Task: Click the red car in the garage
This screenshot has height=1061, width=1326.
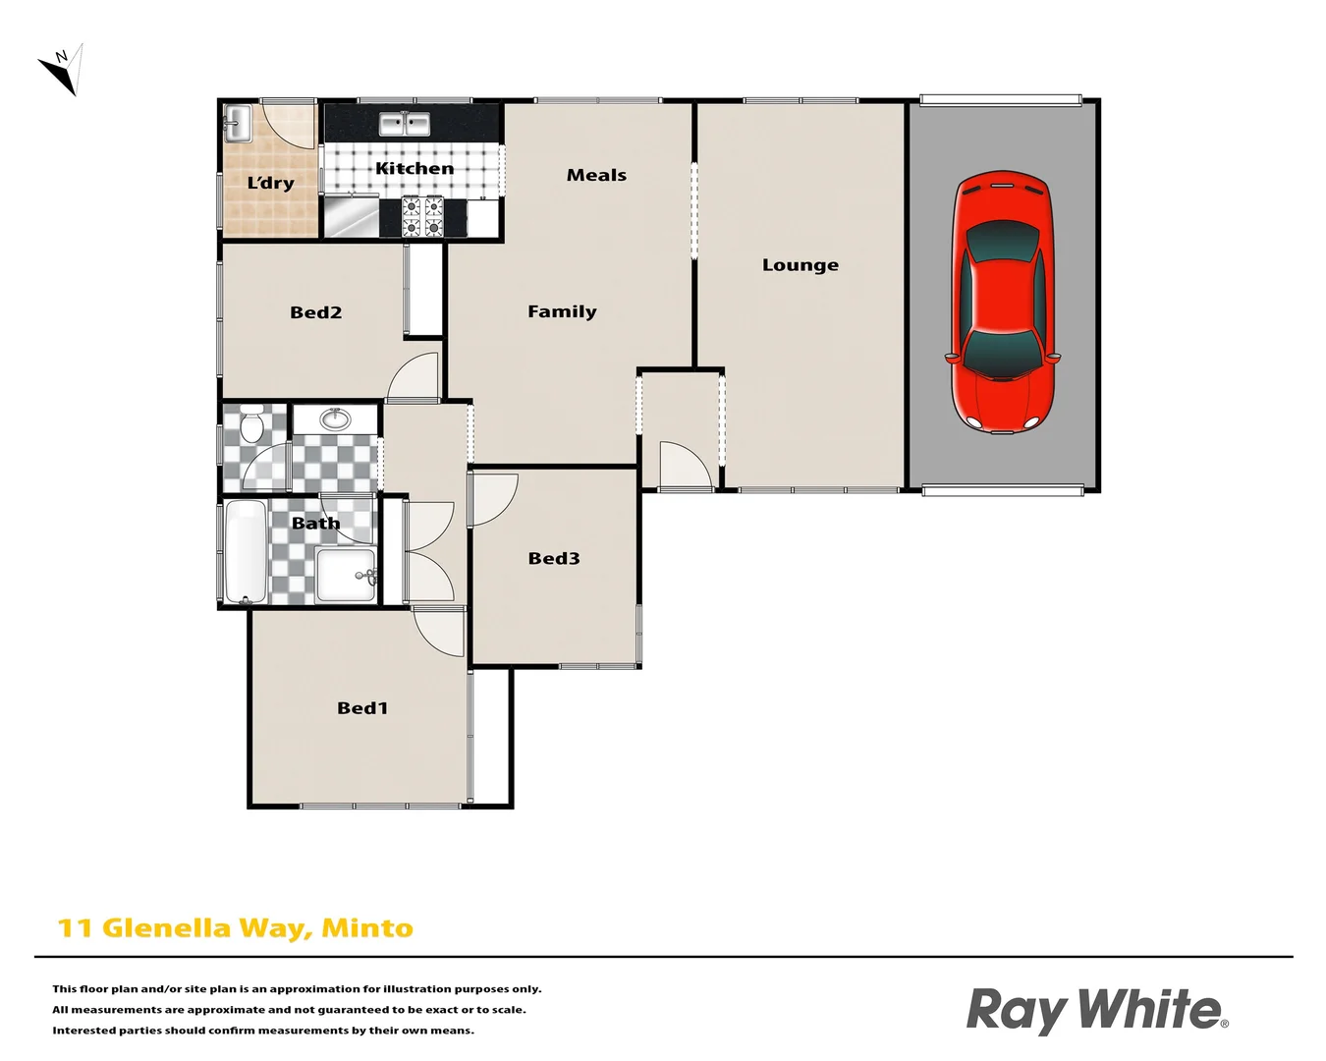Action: coord(1001,302)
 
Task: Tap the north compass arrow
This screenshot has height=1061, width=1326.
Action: coord(61,70)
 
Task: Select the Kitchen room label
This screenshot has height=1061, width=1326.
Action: coord(414,169)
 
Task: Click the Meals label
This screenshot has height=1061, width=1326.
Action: coord(596,176)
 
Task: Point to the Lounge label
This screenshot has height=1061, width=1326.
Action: coord(801,265)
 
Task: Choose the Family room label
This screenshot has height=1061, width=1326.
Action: coord(562,312)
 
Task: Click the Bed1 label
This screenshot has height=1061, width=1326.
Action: coord(362,708)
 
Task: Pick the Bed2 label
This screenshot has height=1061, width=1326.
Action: coord(315,313)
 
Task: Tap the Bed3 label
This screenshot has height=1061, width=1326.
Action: coord(554,559)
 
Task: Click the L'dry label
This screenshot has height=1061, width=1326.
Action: coord(270,184)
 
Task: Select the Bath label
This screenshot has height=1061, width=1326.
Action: coord(315,524)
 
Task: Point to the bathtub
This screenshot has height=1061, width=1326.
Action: coord(246,551)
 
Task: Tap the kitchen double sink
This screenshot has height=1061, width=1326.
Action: coord(405,125)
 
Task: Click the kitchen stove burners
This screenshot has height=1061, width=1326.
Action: coord(422,216)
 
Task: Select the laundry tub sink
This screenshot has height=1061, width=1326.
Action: coord(237,124)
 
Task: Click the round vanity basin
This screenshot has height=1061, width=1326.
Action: coord(336,419)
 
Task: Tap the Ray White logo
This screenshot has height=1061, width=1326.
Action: coord(1096,1010)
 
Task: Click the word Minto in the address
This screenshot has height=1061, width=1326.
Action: coord(367,928)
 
